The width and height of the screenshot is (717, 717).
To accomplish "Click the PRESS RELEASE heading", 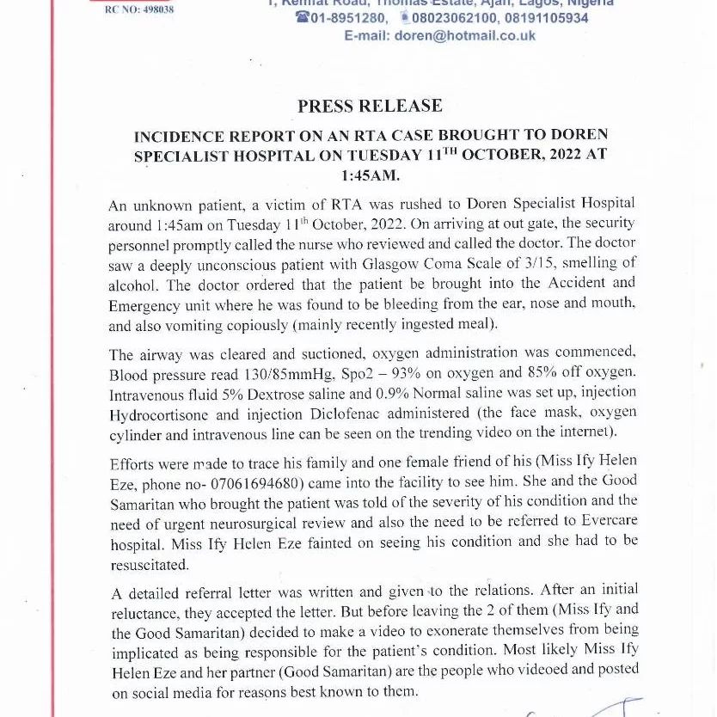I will (370, 107).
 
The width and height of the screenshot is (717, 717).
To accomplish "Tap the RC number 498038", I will (139, 10).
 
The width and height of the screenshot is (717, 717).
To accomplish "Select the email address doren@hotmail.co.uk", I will (464, 35).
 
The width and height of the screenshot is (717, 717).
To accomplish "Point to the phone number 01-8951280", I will (347, 18).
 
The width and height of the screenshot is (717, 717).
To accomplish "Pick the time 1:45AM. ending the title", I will (371, 175).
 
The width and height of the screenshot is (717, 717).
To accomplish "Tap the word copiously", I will (259, 325).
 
